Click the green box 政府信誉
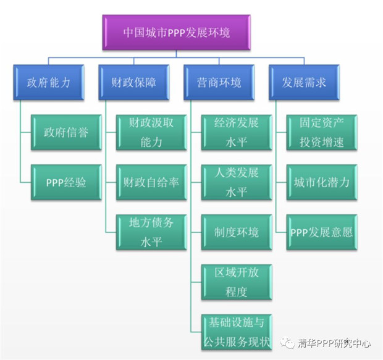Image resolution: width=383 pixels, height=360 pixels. [65, 132]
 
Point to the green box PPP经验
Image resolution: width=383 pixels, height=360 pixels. [65, 183]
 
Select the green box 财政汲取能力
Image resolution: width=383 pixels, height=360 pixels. [151, 132]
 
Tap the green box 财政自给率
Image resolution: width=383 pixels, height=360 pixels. [151, 183]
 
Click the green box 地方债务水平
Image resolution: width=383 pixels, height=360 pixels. [151, 232]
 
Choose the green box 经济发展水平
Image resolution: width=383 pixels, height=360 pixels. [237, 132]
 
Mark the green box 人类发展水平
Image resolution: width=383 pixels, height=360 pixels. [237, 183]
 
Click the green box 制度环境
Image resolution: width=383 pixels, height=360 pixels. [237, 232]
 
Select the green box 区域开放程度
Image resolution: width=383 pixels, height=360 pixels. [237, 282]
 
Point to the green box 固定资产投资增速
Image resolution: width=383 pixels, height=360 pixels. [322, 132]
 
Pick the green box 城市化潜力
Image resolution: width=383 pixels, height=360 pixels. [322, 183]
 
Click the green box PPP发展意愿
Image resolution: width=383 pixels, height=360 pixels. [322, 232]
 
